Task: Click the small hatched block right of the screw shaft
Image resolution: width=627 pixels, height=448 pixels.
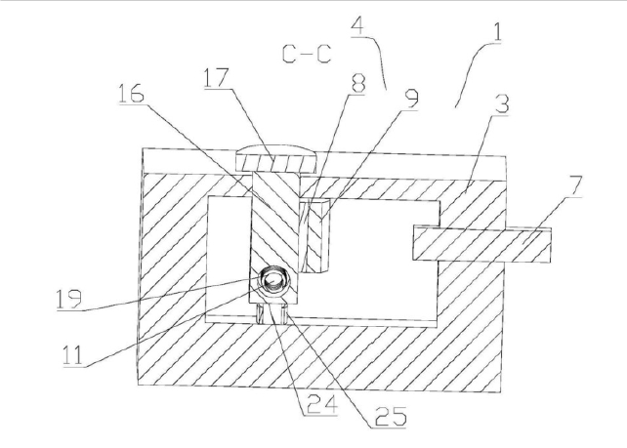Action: [318, 234]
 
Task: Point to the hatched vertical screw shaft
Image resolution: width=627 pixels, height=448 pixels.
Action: [272, 220]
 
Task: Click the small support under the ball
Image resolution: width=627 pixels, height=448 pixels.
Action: [274, 311]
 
